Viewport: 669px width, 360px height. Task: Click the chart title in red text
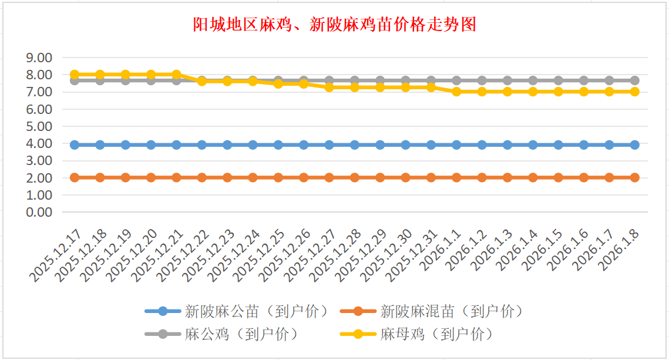pyautogui.click(x=334, y=25)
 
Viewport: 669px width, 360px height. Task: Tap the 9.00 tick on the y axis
pyautogui.click(x=40, y=58)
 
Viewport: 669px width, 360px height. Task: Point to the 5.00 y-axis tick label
pyautogui.click(x=40, y=126)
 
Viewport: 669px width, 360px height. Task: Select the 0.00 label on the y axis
pyautogui.click(x=40, y=212)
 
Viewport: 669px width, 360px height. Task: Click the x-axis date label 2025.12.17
pyautogui.click(x=58, y=255)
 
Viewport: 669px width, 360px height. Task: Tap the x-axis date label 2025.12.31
pyautogui.click(x=414, y=255)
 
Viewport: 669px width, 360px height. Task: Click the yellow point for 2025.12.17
pyautogui.click(x=75, y=75)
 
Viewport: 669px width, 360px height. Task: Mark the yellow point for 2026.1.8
pyautogui.click(x=635, y=92)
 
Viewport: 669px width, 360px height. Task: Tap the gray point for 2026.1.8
pyautogui.click(x=635, y=80)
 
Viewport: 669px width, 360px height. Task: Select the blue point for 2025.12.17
pyautogui.click(x=75, y=144)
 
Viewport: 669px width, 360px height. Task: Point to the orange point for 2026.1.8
pyautogui.click(x=635, y=177)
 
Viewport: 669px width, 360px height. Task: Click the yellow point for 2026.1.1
pyautogui.click(x=456, y=92)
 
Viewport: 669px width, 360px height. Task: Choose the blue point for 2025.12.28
pyautogui.click(x=355, y=144)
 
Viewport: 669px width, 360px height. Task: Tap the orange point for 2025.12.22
pyautogui.click(x=202, y=177)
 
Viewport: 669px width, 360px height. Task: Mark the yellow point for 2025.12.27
pyautogui.click(x=330, y=87)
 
